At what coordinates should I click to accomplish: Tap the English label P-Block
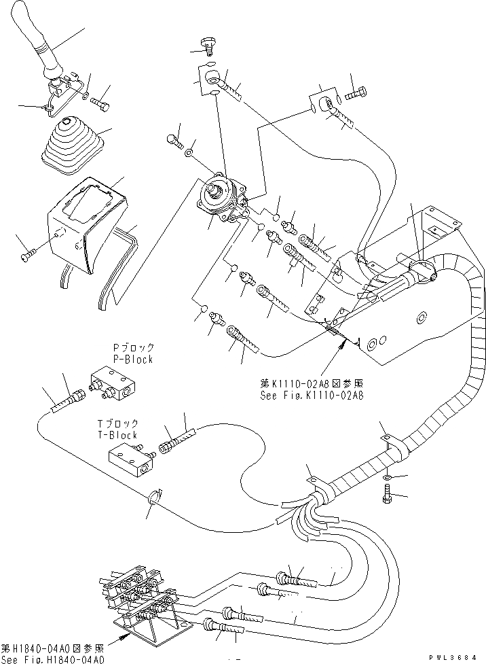tap(133, 360)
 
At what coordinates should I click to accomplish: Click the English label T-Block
tap(119, 435)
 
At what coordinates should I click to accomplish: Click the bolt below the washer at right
tap(387, 500)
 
